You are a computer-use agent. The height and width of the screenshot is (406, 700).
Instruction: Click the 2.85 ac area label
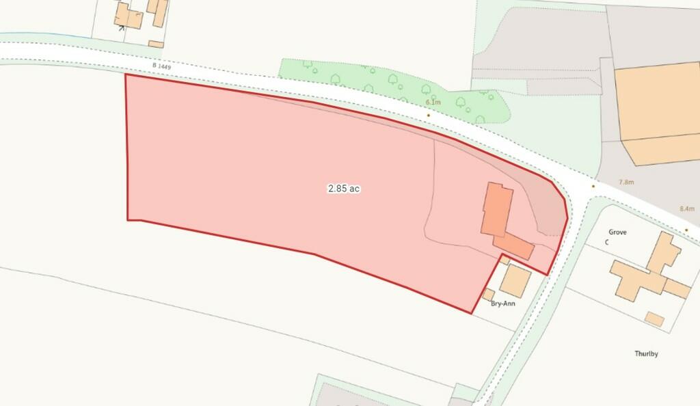343,189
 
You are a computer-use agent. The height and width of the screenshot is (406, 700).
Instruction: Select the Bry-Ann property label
503,303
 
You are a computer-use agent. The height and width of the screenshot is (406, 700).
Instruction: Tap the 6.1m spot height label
432,103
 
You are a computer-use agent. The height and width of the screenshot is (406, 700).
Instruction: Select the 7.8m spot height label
626,182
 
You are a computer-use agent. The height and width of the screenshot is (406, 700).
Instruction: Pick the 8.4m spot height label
686,208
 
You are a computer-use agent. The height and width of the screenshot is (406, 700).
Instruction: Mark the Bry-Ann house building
516,281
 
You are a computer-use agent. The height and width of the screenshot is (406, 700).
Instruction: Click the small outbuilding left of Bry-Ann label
488,295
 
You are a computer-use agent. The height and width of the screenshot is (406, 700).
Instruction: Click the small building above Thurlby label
655,319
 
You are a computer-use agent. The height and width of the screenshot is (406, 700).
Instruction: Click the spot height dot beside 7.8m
593,186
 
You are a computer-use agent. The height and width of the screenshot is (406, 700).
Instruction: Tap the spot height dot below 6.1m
429,115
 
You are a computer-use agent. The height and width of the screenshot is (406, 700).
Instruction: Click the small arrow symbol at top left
121,27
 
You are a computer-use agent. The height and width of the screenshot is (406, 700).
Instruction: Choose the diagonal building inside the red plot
513,245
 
